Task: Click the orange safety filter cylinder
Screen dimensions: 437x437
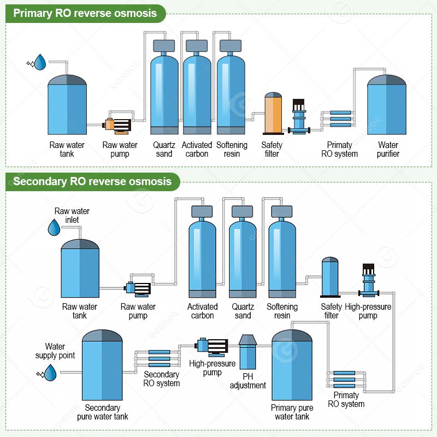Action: click(x=273, y=114)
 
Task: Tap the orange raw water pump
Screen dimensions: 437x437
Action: click(x=117, y=126)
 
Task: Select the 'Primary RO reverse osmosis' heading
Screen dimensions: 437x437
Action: click(x=85, y=13)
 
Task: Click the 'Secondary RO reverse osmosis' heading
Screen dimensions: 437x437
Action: click(x=92, y=181)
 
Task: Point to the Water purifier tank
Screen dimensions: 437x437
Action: click(x=387, y=104)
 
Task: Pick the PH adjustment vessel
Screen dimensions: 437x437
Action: click(x=247, y=352)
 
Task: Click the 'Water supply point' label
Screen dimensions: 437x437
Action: click(x=55, y=351)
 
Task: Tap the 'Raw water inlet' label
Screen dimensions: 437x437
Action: click(x=72, y=215)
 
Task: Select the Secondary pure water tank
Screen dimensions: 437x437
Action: click(x=102, y=365)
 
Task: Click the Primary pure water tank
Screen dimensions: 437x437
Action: click(x=292, y=365)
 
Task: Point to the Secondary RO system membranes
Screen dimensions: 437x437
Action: click(x=159, y=358)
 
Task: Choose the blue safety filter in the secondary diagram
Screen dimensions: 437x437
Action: click(x=330, y=277)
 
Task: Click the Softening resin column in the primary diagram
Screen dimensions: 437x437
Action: click(x=231, y=87)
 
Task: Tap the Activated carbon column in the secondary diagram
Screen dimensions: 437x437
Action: click(x=202, y=252)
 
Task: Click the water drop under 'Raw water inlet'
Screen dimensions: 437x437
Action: click(x=54, y=227)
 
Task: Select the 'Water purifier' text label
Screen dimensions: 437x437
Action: click(x=388, y=149)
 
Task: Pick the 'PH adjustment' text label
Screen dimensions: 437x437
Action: click(x=248, y=381)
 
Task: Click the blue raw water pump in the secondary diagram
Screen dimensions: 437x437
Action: click(x=138, y=288)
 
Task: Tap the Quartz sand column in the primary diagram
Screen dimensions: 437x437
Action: click(x=164, y=87)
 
